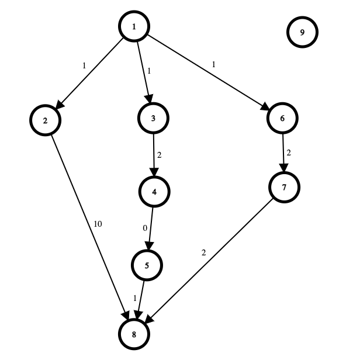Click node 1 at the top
point(134,26)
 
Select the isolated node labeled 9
point(302,32)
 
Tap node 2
point(45,120)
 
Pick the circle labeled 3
point(153,118)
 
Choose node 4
point(154,192)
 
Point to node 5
point(147,265)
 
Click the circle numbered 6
point(282,118)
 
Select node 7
point(284,188)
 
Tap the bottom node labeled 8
point(134,334)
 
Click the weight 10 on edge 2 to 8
point(98,224)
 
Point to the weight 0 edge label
point(145,228)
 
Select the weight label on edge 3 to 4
point(159,155)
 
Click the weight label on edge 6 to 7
point(289,153)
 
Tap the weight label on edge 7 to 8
point(203,253)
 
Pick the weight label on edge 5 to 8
point(135,298)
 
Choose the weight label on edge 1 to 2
point(84,66)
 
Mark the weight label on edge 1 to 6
point(214,65)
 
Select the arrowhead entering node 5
point(150,245)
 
